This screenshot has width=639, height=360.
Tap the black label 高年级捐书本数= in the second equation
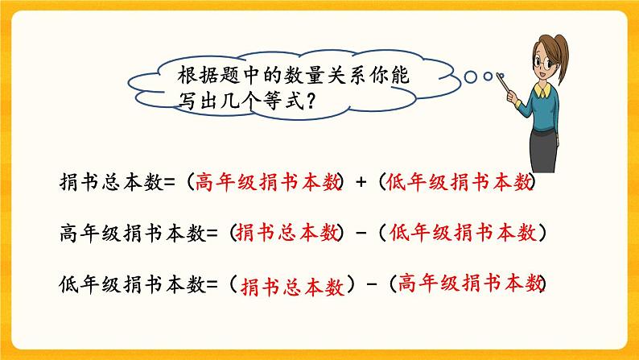(x=134, y=234)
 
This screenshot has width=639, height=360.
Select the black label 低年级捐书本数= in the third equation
(x=134, y=284)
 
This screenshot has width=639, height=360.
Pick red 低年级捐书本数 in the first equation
(x=459, y=183)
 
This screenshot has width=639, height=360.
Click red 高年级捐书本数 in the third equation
(x=471, y=283)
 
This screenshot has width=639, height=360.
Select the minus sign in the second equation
(x=362, y=234)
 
